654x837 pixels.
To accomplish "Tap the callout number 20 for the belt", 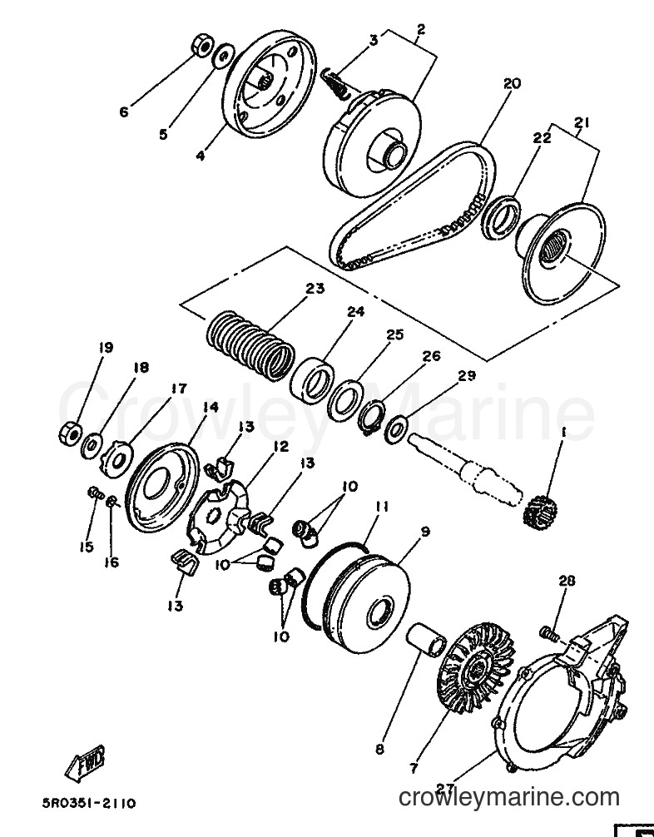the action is click(512, 84).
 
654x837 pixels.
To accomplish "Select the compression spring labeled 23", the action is click(250, 347).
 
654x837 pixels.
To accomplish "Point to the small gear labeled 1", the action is click(538, 511).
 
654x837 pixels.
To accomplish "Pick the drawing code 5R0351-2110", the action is click(89, 804).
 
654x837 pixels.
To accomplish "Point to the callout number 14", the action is click(211, 408).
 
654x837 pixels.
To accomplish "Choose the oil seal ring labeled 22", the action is click(501, 218).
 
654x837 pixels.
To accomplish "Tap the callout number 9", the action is click(424, 532).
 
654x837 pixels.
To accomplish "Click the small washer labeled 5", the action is click(224, 56).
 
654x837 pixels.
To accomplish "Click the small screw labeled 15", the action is click(96, 493).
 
